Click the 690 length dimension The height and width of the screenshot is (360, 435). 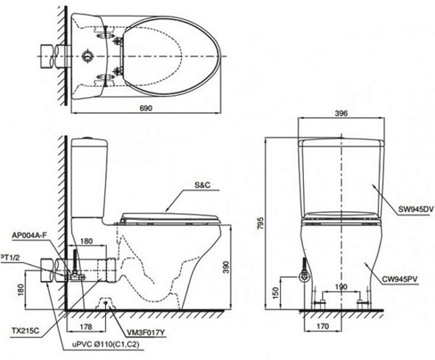tap(146, 108)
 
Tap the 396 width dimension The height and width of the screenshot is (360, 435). tap(341, 113)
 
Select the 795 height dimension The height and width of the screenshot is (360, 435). tap(261, 223)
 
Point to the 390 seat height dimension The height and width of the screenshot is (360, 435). tap(226, 267)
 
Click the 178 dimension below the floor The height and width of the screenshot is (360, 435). tap(86, 327)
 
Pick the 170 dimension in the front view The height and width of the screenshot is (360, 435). tap(322, 326)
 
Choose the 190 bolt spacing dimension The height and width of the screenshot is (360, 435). tap(341, 287)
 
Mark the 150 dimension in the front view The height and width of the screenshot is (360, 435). tap(275, 293)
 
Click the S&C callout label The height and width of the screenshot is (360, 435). tap(202, 185)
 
